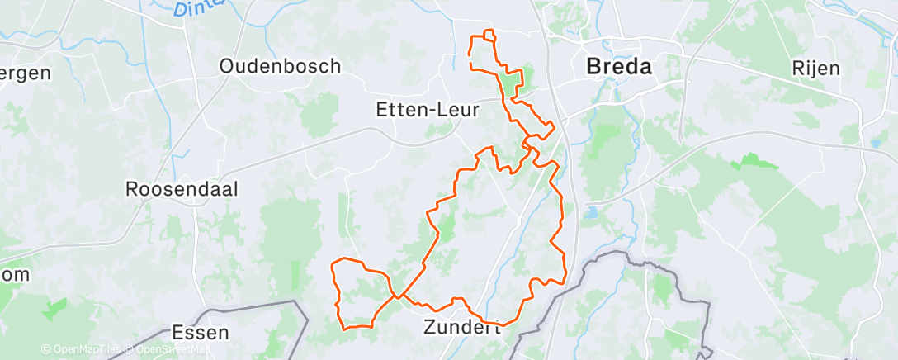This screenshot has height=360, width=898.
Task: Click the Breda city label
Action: [x=618, y=67]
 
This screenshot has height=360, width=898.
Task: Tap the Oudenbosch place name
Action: [x=281, y=66]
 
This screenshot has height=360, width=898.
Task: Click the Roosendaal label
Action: [x=182, y=189]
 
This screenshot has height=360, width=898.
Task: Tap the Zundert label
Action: [x=462, y=326]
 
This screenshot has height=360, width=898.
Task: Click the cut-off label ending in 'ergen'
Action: [x=25, y=72]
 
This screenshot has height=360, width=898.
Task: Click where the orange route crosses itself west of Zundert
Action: [x=399, y=296]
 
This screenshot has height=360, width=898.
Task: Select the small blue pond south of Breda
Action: [x=592, y=214]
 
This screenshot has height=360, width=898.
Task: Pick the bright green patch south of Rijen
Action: [x=754, y=161]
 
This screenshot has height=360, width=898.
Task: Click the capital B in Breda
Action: [x=593, y=67]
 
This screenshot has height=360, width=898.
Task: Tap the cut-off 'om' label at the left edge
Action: [x=15, y=274]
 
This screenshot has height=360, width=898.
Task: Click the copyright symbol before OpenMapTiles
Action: [x=45, y=350]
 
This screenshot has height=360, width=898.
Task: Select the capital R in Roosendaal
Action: [x=133, y=189]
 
